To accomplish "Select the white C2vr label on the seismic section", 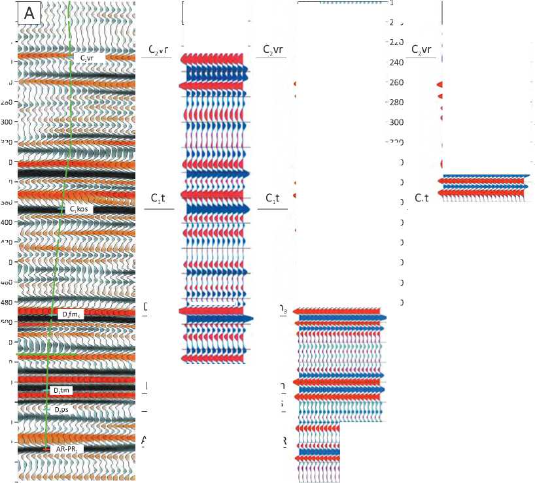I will click(x=87, y=58).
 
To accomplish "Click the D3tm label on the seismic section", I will click(x=62, y=390).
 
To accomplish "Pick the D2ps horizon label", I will click(x=61, y=409).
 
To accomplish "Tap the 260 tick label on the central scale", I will click(x=396, y=82).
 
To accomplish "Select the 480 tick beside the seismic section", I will click(x=9, y=302).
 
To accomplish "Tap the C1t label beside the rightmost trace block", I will click(x=421, y=197).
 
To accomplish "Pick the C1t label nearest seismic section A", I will click(x=157, y=197).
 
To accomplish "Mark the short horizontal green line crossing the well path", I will click(x=46, y=354).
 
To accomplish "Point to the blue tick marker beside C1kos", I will click(x=61, y=209).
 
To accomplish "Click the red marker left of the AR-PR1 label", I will click(x=46, y=450).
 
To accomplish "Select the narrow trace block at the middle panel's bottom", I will click(x=318, y=452).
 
